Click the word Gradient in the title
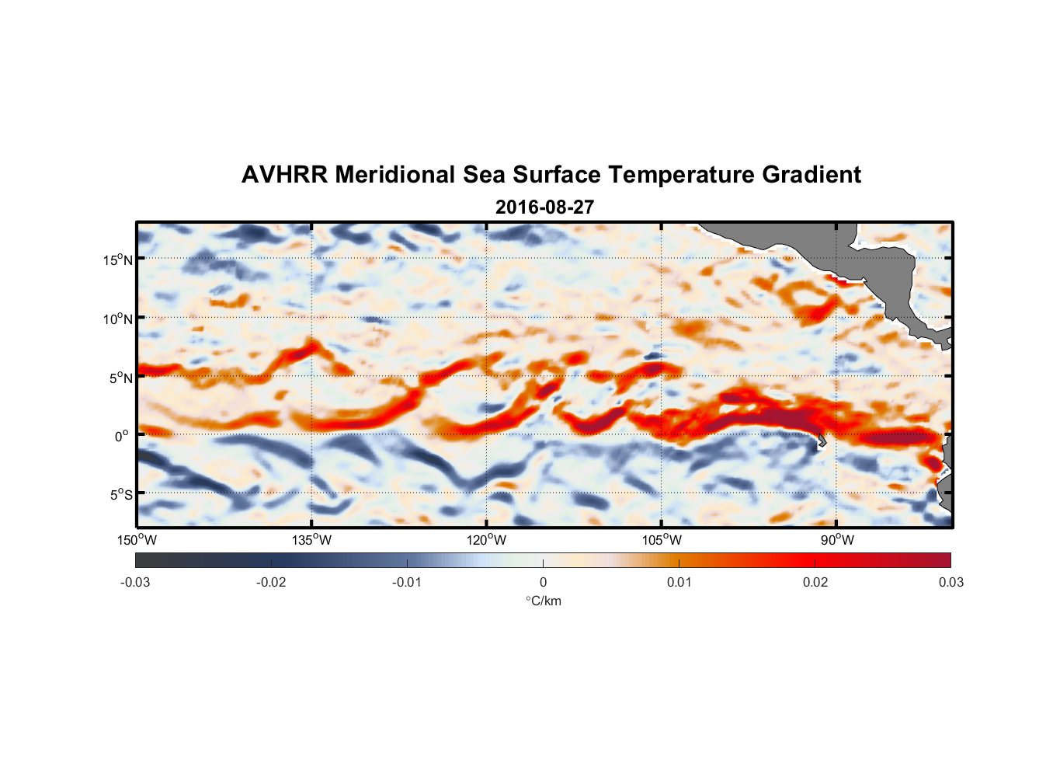click(811, 175)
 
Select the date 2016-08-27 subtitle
click(544, 207)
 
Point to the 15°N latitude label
click(118, 260)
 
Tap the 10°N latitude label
click(118, 319)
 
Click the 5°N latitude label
click(120, 378)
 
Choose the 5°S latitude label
click(120, 494)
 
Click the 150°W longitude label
click(137, 540)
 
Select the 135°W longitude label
click(311, 540)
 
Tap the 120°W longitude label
click(486, 540)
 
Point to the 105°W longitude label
click(662, 540)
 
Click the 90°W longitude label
click(837, 540)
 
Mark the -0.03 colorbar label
click(135, 582)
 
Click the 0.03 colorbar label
click(950, 582)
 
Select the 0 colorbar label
click(543, 582)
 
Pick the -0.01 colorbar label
click(407, 582)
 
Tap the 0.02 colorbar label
click(815, 582)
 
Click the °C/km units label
click(544, 601)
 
